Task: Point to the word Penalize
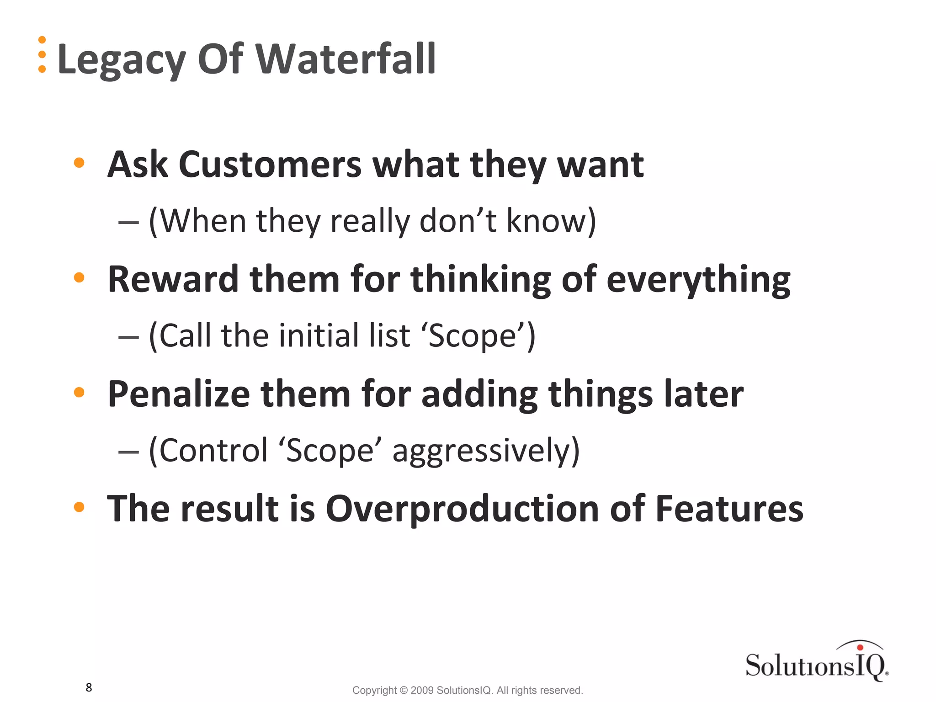[x=178, y=394]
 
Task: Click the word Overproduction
[x=462, y=509]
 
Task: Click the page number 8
[x=89, y=687]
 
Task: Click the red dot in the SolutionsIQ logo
[x=860, y=647]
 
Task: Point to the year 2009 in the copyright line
[x=422, y=690]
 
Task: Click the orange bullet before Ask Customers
[x=79, y=163]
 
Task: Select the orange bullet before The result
[x=79, y=507]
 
